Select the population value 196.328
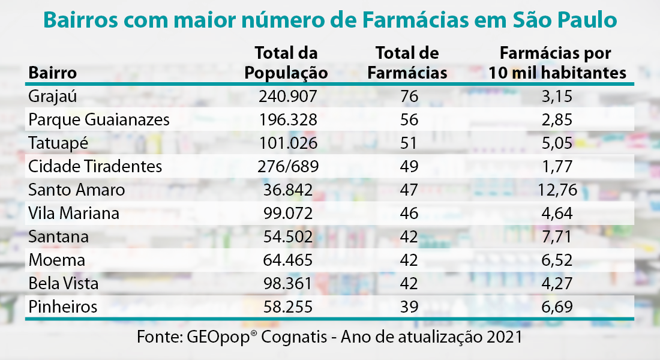tap(287, 120)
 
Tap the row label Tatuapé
tap(57, 143)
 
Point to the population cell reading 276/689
tap(287, 167)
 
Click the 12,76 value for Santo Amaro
tap(557, 190)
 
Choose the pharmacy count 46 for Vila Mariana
tap(409, 214)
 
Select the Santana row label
tap(58, 237)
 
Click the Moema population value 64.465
tap(287, 260)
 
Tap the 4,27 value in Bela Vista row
tap(557, 284)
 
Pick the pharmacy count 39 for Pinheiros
tap(409, 307)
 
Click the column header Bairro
tap(52, 73)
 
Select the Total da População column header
tap(286, 63)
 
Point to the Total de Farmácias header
tap(407, 63)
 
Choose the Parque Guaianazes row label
tap(99, 120)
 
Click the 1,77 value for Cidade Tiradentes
tap(557, 167)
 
